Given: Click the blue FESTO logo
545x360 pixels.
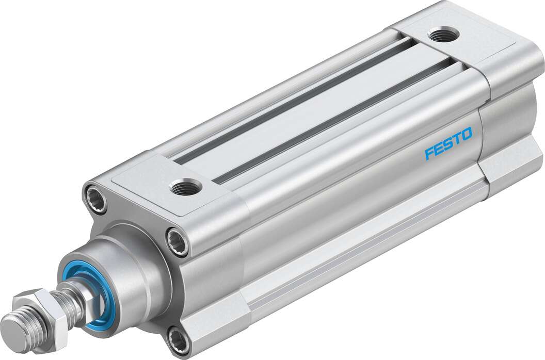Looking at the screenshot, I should pyautogui.click(x=448, y=145).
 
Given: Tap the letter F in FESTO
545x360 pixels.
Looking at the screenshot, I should pyautogui.click(x=429, y=154).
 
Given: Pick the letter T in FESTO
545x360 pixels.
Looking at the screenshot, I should pyautogui.click(x=456, y=141).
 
